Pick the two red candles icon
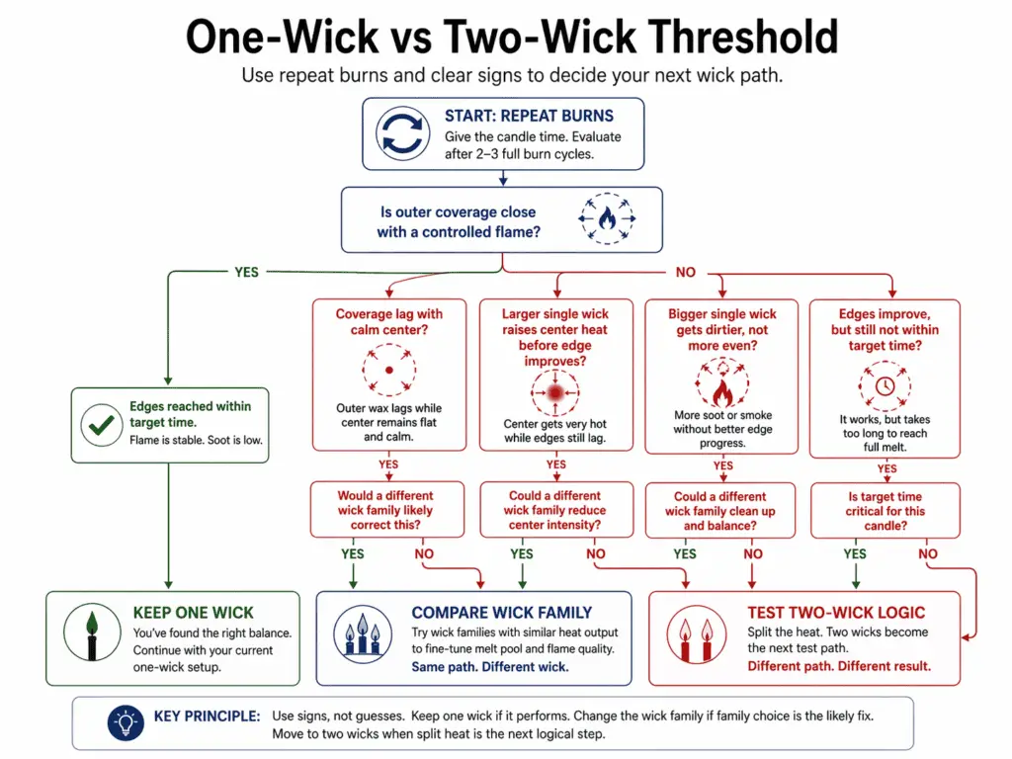(693, 638)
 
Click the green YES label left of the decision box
(248, 272)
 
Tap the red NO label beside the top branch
(686, 272)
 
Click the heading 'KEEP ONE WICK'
(193, 613)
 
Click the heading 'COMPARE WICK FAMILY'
(502, 613)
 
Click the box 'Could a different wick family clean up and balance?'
(721, 511)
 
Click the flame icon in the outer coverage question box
(606, 219)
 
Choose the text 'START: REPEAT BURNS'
(529, 116)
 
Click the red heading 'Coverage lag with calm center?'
(388, 322)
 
